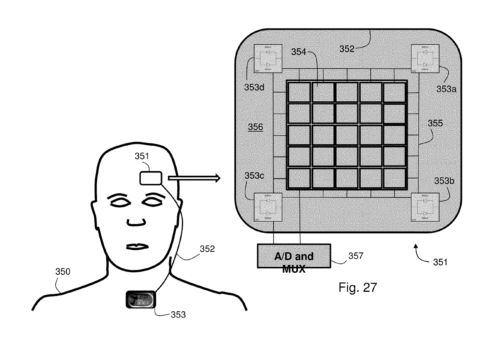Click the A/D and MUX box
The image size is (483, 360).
[x=294, y=256]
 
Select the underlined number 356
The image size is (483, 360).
[x=255, y=127]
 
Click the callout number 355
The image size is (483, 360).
[x=435, y=123]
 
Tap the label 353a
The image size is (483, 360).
[x=446, y=88]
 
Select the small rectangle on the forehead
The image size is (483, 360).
[x=151, y=178]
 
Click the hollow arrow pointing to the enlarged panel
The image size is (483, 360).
[x=194, y=178]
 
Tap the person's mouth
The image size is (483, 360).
[x=136, y=247]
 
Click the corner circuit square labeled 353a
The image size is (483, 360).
[x=425, y=58]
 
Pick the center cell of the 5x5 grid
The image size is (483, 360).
[x=347, y=135]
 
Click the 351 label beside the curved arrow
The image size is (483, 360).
[x=440, y=262]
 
